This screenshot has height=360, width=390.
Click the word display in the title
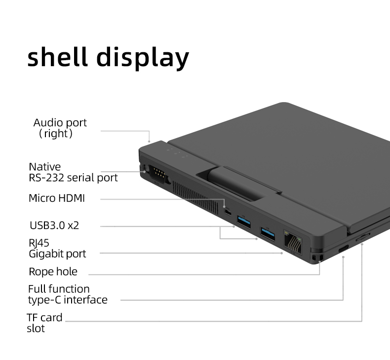click(x=143, y=58)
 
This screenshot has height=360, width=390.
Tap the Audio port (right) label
click(x=60, y=128)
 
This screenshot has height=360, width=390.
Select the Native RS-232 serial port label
click(x=73, y=172)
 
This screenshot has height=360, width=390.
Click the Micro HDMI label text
click(x=57, y=198)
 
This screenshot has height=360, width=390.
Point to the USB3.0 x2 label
click(x=54, y=225)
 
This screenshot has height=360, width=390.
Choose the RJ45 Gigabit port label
click(x=57, y=248)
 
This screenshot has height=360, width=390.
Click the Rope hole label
click(x=53, y=271)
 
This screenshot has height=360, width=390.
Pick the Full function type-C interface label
click(x=67, y=294)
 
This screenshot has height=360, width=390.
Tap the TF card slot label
click(x=44, y=323)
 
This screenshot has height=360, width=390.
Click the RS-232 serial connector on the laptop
click(x=156, y=174)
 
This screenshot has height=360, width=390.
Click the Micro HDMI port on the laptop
click(x=228, y=212)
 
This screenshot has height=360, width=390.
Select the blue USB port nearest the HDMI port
click(x=244, y=220)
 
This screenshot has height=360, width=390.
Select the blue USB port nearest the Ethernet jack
click(x=268, y=232)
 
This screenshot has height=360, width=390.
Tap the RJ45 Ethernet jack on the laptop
click(x=293, y=241)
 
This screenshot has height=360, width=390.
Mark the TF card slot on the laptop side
click(x=362, y=237)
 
